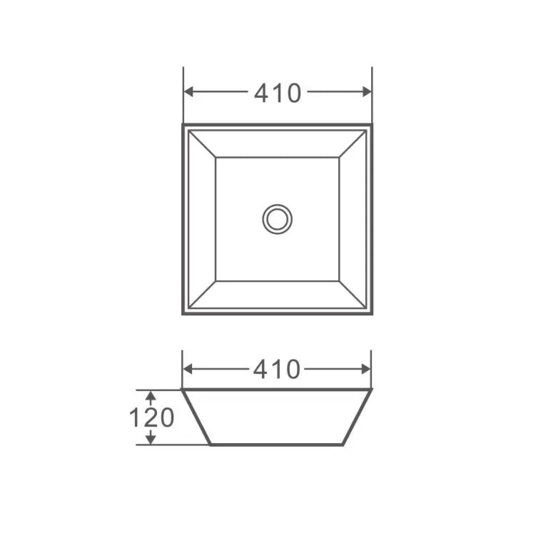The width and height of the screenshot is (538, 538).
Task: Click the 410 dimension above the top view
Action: [x=278, y=93]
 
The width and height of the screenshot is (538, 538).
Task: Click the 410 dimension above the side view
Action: [x=277, y=370]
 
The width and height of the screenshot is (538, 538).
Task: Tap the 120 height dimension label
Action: [x=151, y=417]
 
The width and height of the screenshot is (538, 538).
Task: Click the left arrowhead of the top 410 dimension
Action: [x=188, y=92]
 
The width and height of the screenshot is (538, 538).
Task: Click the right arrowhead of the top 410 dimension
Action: [x=367, y=92]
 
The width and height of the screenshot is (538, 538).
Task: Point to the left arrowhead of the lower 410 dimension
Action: [x=188, y=369]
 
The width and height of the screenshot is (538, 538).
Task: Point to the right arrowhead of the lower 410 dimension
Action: [x=366, y=369]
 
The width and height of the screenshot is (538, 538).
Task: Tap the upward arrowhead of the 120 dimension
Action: [x=151, y=395]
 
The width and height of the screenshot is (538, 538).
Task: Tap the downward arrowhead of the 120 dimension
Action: [x=151, y=440]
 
